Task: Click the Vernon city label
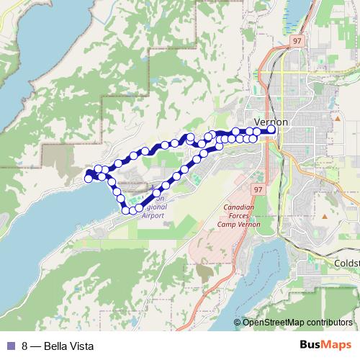click(x=271, y=122)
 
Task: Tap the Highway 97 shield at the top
click(x=297, y=42)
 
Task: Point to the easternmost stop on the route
click(x=271, y=131)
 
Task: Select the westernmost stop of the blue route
click(x=89, y=176)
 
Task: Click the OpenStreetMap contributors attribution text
click(x=299, y=322)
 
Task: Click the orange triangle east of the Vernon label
click(x=336, y=117)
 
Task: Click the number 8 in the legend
click(x=25, y=346)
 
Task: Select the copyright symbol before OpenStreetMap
click(x=238, y=322)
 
